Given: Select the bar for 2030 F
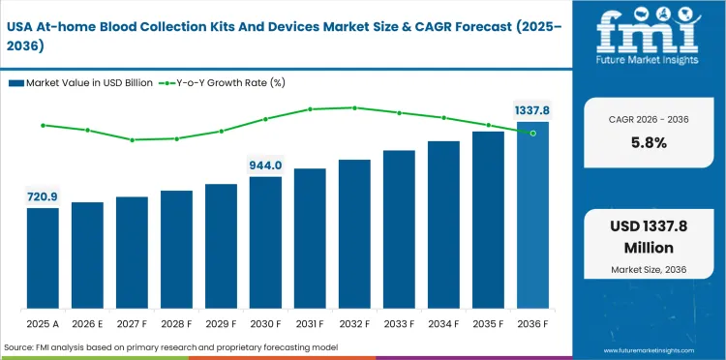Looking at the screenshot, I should coord(265,241).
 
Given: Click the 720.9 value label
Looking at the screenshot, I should coord(43,196).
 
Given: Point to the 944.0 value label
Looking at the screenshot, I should coord(265,165).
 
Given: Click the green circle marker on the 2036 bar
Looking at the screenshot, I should coord(532,133).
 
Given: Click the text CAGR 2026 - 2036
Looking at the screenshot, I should coord(648,119).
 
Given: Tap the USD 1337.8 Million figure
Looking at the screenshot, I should coord(648,238).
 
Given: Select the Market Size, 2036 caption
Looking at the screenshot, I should coord(648,268).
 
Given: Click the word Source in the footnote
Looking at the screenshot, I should coord(20,346).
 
